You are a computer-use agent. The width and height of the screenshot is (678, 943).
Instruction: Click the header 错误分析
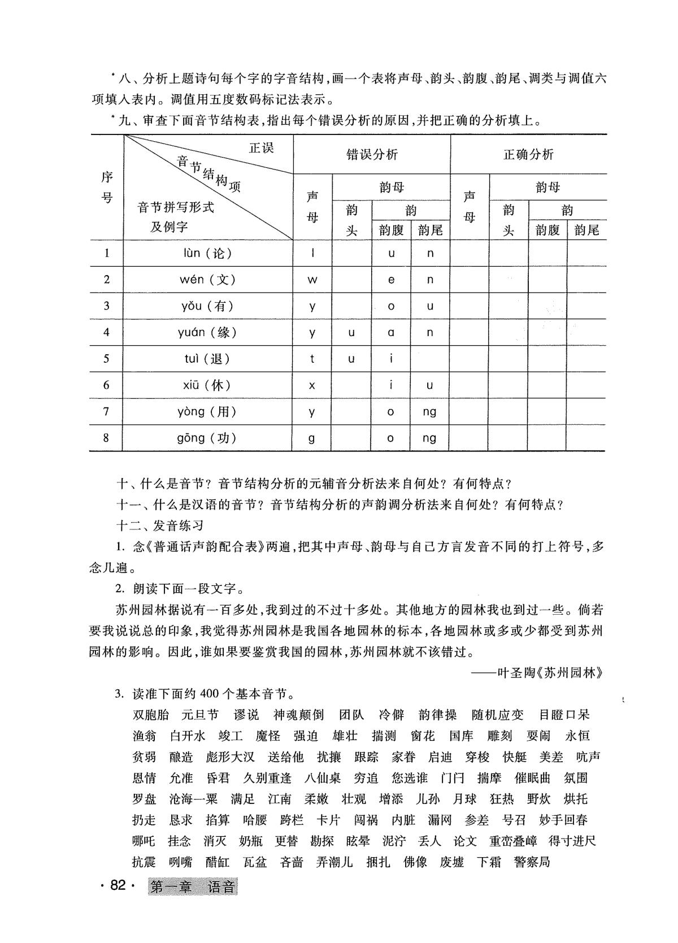coord(372,154)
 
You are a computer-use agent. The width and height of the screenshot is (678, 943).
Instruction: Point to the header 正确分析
coord(528,154)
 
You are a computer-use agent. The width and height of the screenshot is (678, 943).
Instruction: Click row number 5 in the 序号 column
coord(106,359)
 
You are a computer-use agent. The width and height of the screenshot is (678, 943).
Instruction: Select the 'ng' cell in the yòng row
coord(429,412)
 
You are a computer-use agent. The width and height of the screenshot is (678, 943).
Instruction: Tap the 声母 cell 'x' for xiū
coord(312,385)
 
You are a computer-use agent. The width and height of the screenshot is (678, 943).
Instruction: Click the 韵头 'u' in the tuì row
coord(351,359)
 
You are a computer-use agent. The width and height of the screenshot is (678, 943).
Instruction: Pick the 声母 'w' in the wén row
coord(312,280)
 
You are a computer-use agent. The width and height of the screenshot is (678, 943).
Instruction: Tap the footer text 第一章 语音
coord(193,886)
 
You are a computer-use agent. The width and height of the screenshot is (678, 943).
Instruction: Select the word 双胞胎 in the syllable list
coord(151,715)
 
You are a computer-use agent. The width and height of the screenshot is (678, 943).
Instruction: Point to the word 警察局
coord(532,862)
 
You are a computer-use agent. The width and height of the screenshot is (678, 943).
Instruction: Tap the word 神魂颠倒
coord(299,715)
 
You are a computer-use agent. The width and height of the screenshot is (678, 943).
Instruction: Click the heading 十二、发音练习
coord(160,525)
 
